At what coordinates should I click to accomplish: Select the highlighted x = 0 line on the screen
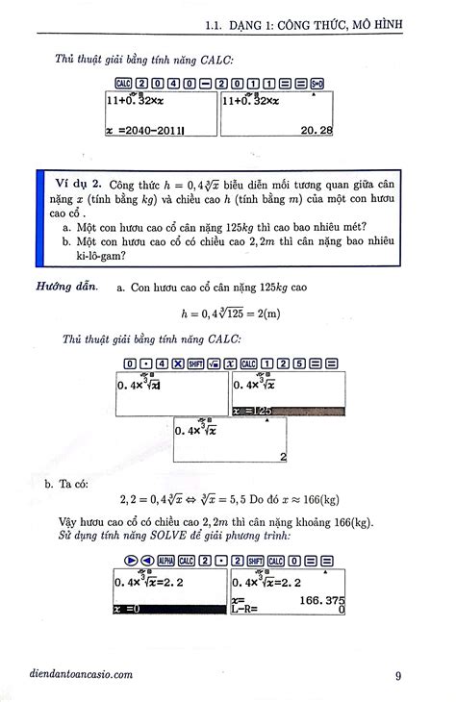pos(129,609)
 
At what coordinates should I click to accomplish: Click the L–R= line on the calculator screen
pos(250,609)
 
